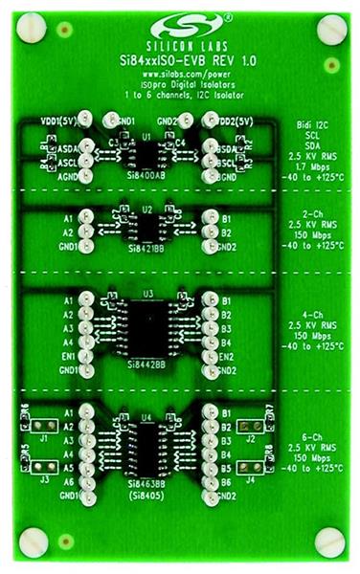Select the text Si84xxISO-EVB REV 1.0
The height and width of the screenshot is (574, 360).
tap(179, 59)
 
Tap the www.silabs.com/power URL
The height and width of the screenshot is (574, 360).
tap(179, 74)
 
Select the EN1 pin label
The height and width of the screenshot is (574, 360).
tap(69, 356)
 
